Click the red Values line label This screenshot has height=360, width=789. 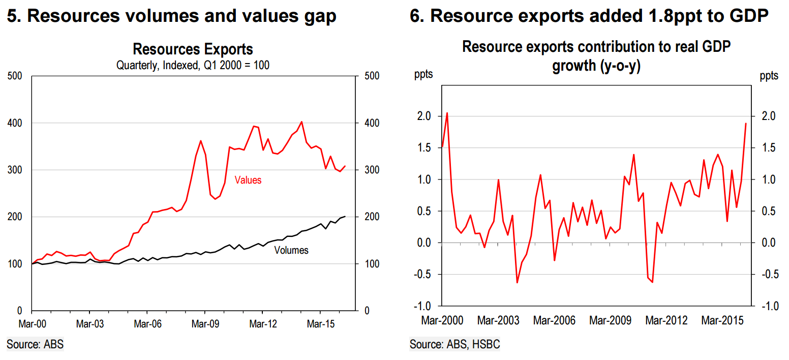point(248,180)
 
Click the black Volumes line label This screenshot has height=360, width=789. point(291,250)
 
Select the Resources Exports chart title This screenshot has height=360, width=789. point(193,50)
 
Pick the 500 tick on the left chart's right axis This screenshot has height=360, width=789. point(373,76)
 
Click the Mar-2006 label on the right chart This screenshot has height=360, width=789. point(554,321)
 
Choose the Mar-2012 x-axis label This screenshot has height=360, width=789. point(666,321)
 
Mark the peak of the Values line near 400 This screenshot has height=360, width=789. point(302,122)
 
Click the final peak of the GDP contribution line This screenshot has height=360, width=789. point(746,123)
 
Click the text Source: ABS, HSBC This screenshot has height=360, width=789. point(454,344)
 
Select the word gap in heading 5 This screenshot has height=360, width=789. point(319,16)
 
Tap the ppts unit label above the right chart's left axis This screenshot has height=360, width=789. point(423,76)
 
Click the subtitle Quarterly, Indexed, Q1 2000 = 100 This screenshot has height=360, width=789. point(193,66)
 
